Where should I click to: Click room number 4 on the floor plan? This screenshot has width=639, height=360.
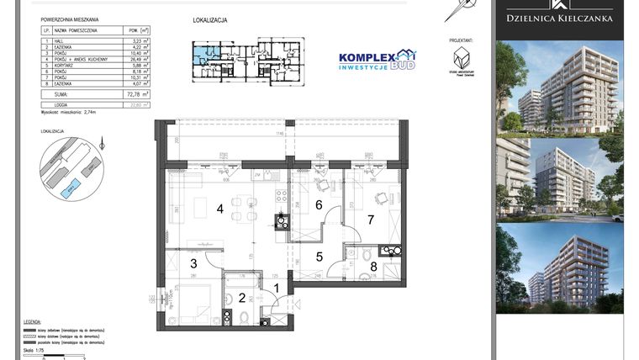[221, 209]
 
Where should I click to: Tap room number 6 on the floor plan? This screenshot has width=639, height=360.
[319, 204]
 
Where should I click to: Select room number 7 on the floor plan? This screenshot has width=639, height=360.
[370, 220]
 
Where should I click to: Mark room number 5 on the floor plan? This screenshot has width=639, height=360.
[319, 257]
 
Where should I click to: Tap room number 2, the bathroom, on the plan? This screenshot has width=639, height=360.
[242, 297]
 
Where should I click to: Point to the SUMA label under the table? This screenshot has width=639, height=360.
[60, 95]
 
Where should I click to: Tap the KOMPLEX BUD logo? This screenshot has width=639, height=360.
[376, 61]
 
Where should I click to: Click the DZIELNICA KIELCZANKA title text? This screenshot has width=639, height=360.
[559, 18]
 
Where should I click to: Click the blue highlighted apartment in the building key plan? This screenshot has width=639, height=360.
[200, 59]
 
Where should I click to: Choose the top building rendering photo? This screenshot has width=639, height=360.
[559, 85]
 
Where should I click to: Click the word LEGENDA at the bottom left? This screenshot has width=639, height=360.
[32, 321]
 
